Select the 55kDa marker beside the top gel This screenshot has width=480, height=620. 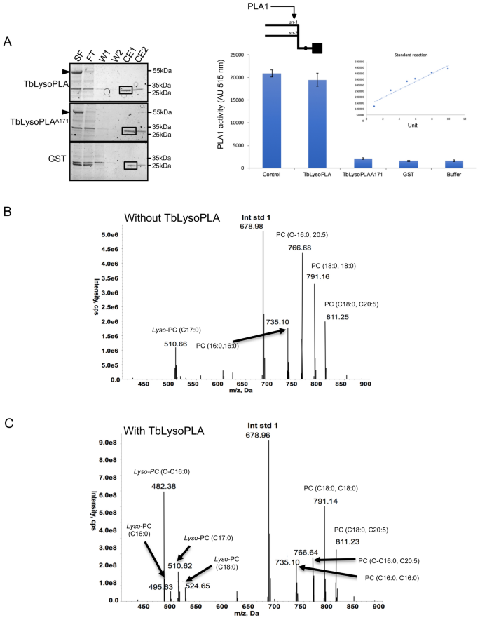163,72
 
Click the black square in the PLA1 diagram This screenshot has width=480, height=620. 317,48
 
